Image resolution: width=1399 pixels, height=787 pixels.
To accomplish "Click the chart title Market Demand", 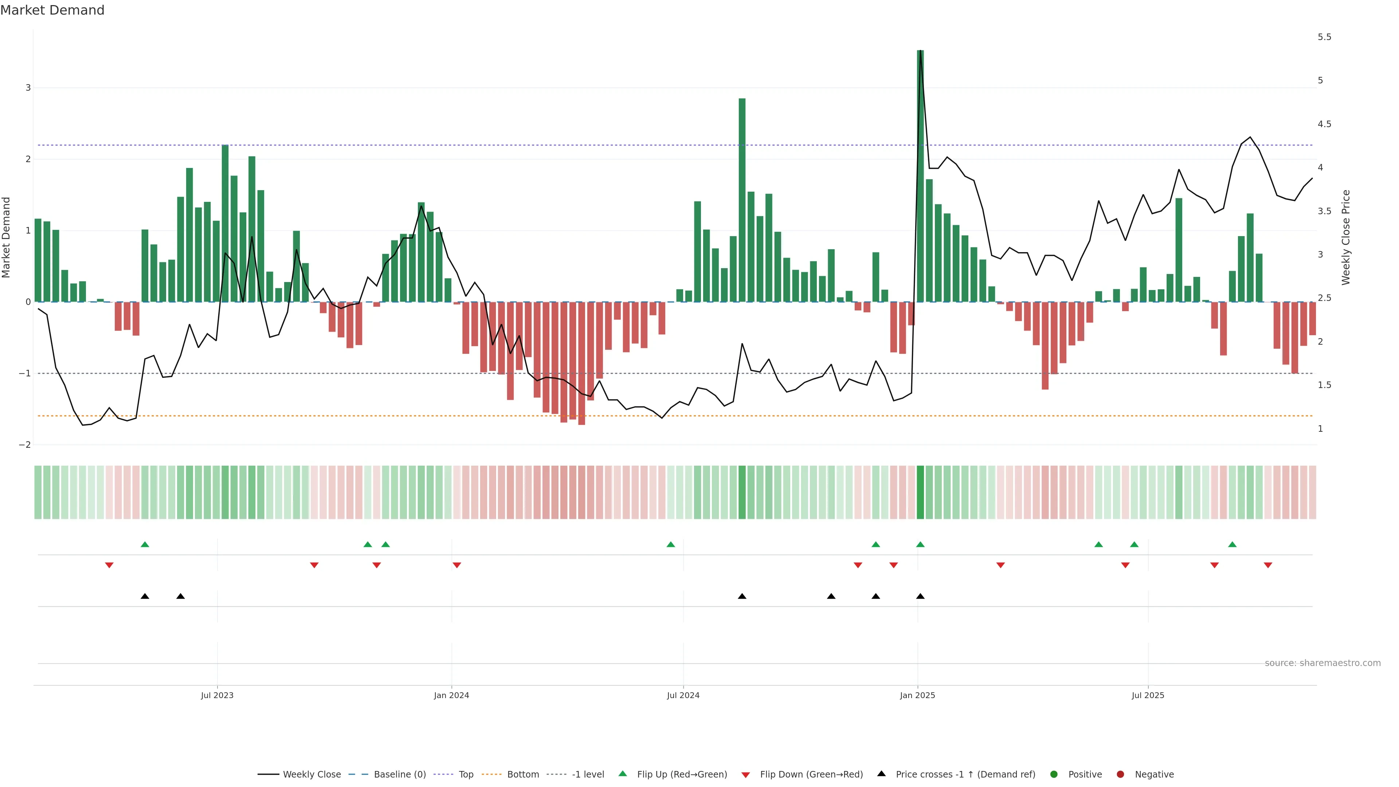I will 52,10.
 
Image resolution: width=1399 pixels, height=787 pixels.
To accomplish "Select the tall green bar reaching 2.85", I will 742,201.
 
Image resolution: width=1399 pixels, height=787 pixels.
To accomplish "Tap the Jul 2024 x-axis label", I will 683,695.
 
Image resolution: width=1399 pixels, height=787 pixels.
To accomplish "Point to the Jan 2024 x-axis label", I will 451,695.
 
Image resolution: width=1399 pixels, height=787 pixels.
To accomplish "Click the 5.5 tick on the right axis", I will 1324,37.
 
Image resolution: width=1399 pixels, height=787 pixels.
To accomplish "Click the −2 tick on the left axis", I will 25,445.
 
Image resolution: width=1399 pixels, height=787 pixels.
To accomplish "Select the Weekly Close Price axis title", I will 1346,237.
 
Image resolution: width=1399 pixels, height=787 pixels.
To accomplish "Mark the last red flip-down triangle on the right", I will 1267,565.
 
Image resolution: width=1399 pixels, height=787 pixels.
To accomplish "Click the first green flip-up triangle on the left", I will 145,544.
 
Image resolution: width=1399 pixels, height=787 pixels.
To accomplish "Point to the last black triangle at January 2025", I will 920,596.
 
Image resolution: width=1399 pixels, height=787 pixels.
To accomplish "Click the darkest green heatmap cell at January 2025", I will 920,492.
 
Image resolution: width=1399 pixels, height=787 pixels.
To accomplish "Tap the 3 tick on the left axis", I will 28,87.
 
